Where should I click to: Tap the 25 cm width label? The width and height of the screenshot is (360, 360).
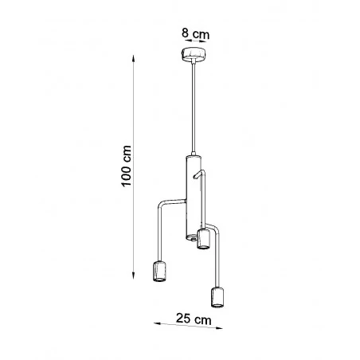point(193,319)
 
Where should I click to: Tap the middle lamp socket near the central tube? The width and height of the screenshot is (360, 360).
point(202,240)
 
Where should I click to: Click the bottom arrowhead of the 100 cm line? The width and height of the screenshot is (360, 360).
point(133,276)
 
